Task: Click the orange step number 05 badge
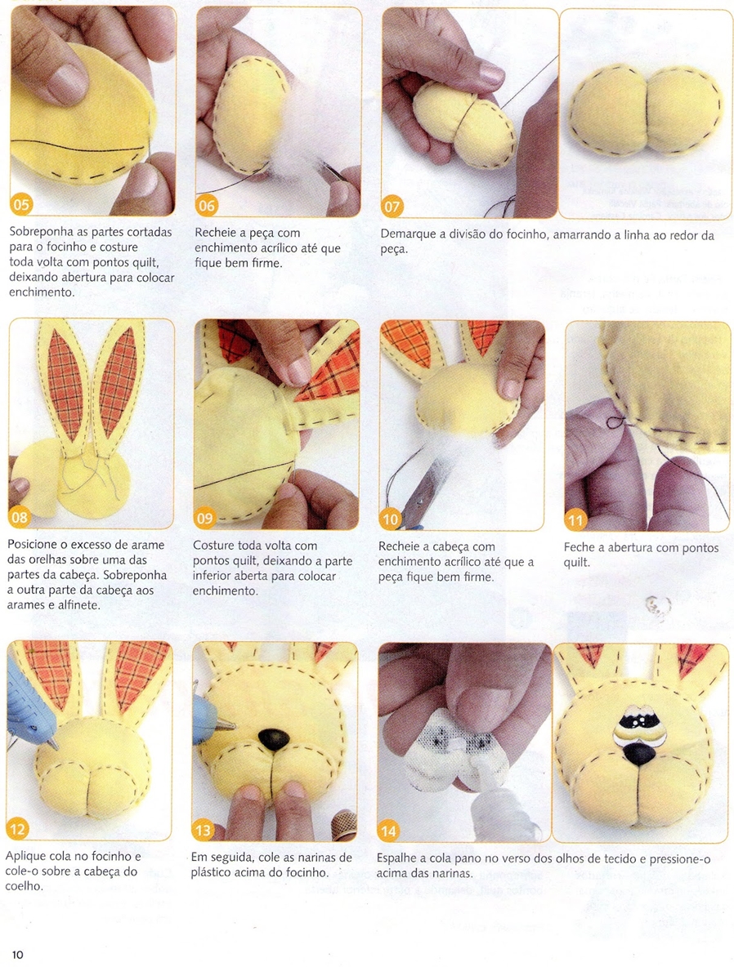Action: [x=21, y=204]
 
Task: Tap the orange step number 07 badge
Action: [x=392, y=206]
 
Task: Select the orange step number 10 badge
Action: [x=390, y=519]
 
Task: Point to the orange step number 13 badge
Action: [x=204, y=830]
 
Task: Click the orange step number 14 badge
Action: [x=388, y=831]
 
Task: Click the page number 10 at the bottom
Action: [x=17, y=955]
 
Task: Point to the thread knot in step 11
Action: [x=614, y=422]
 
